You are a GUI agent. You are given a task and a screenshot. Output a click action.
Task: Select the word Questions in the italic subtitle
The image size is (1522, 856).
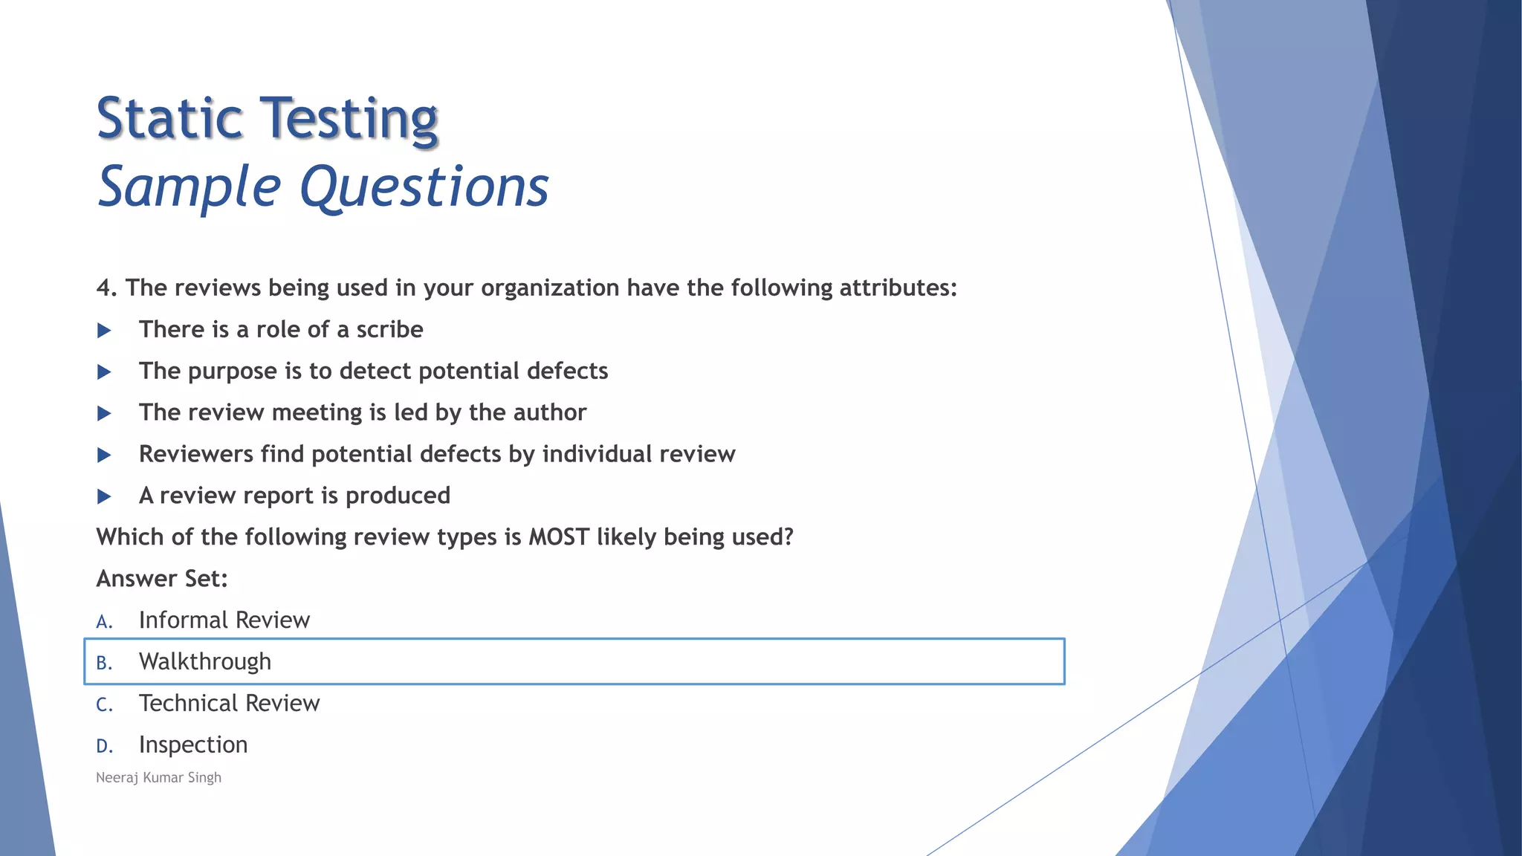tap(424, 187)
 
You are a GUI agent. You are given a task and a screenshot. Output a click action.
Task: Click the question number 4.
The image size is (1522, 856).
tap(106, 288)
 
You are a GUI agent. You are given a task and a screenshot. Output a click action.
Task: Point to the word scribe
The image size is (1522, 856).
tap(389, 330)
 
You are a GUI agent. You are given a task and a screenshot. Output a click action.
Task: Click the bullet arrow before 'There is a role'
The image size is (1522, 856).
tap(104, 331)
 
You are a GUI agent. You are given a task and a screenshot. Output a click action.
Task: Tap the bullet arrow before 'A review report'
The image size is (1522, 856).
tap(104, 496)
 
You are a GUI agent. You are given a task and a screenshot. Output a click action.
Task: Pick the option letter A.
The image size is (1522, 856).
tap(103, 622)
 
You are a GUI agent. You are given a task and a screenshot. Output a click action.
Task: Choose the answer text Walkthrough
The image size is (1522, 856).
tap(205, 662)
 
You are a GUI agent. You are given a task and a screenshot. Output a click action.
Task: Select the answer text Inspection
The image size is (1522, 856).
tap(193, 745)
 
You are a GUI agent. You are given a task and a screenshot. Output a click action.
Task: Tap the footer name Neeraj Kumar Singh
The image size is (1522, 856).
tap(158, 778)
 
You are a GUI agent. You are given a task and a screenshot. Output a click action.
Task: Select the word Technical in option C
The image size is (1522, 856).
tap(189, 704)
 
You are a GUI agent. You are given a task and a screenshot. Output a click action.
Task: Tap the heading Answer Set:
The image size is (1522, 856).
tap(162, 579)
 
